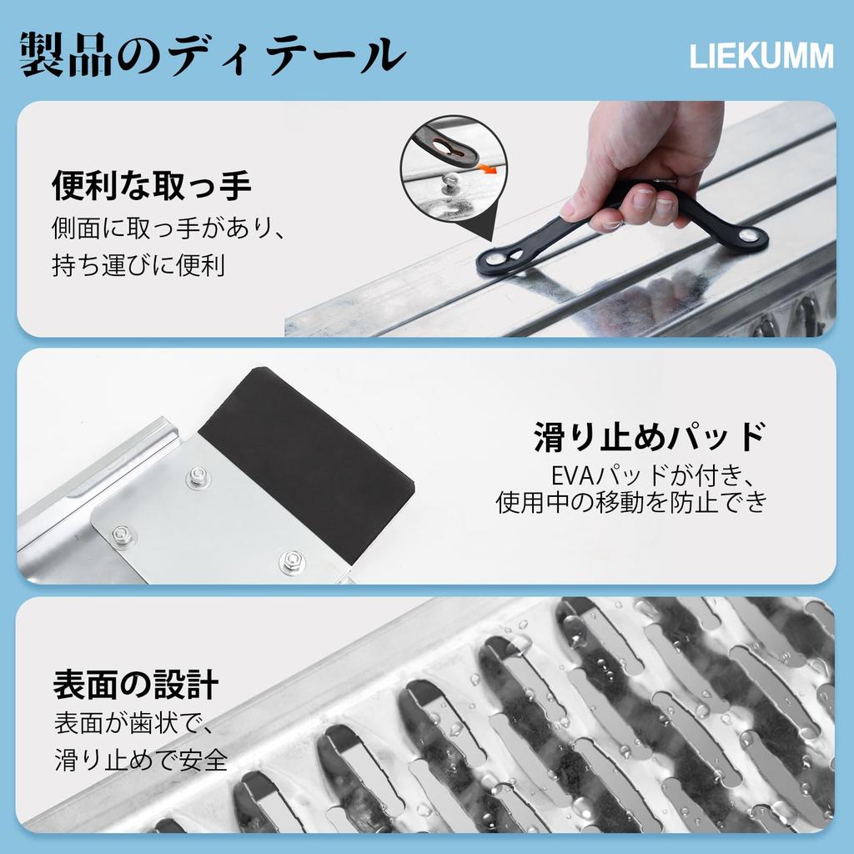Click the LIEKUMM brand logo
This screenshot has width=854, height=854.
point(761,57)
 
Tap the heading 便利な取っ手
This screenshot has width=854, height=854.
point(151,185)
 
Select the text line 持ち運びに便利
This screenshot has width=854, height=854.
point(138,267)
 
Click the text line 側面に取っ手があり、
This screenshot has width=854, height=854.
point(169,227)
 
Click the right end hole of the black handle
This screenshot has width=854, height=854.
point(751,237)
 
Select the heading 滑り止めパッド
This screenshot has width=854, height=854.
point(649,436)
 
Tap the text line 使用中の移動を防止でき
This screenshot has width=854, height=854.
point(630,503)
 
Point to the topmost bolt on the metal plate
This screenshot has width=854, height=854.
point(198,477)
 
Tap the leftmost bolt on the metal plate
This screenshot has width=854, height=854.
point(123,535)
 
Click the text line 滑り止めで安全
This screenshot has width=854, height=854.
point(141,760)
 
